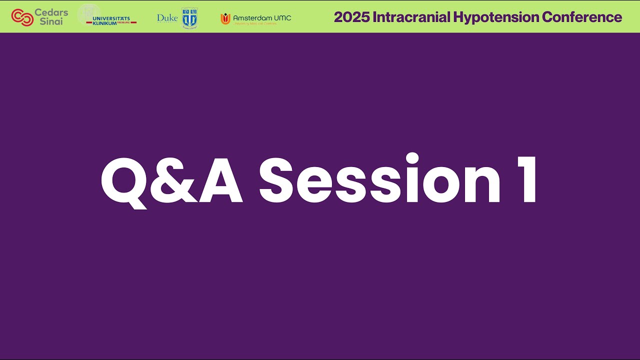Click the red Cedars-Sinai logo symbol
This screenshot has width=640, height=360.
pos(22,17)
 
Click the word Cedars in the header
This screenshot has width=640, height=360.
pos(51,12)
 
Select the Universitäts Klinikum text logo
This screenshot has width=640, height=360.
pos(111,20)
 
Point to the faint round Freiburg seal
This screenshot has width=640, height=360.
pos(89,14)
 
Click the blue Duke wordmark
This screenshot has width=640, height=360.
pos(167,18)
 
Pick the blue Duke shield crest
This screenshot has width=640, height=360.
pos(189,18)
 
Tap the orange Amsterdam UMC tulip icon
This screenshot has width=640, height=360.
pos(225,18)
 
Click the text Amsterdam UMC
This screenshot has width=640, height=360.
pos(262,17)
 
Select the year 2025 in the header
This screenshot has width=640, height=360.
pos(351,17)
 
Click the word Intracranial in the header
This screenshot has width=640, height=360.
pos(411,17)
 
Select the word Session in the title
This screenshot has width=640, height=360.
pos(380,180)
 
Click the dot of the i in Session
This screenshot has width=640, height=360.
pos(412,159)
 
